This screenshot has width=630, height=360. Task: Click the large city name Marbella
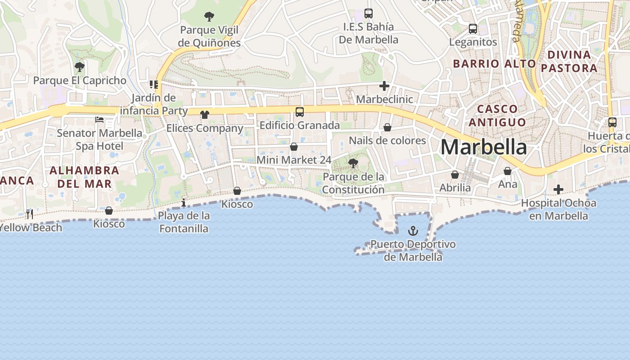pyautogui.click(x=483, y=147)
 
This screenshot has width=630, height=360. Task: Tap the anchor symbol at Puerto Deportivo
pyautogui.click(x=413, y=231)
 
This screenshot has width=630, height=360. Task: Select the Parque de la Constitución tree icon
pyautogui.click(x=353, y=163)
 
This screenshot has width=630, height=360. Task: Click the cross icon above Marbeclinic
pyautogui.click(x=384, y=85)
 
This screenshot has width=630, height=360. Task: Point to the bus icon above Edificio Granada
pyautogui.click(x=300, y=112)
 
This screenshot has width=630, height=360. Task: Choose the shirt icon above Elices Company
pyautogui.click(x=205, y=114)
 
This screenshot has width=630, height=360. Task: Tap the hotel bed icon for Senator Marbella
pyautogui.click(x=99, y=120)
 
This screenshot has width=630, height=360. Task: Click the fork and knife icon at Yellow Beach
pyautogui.click(x=30, y=214)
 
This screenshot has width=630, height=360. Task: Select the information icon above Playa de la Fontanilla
pyautogui.click(x=184, y=203)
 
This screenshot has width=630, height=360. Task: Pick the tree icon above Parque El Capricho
pyautogui.click(x=80, y=67)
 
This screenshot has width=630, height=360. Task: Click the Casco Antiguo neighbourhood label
pyautogui.click(x=497, y=116)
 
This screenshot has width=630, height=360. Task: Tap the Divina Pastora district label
pyautogui.click(x=569, y=61)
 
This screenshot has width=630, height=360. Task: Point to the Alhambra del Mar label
pyautogui.click(x=84, y=177)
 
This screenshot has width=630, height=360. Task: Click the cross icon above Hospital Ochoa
pyautogui.click(x=558, y=189)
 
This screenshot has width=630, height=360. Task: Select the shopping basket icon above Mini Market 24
pyautogui.click(x=294, y=147)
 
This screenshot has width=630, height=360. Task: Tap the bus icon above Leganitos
pyautogui.click(x=473, y=29)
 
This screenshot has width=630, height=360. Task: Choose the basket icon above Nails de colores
pyautogui.click(x=387, y=127)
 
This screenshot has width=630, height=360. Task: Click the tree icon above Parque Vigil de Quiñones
pyautogui.click(x=209, y=17)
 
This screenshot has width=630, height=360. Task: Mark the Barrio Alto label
pyautogui.click(x=494, y=63)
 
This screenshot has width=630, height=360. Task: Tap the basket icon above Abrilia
pyautogui.click(x=455, y=175)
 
